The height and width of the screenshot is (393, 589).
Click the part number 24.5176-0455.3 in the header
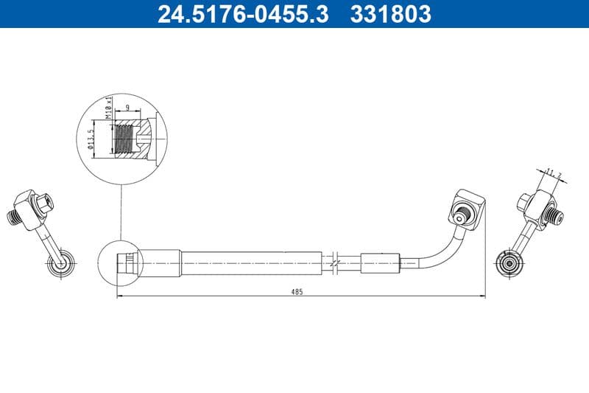point(243,14)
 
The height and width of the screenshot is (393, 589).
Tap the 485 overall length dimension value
point(297,292)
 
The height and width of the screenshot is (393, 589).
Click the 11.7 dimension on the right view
point(554,174)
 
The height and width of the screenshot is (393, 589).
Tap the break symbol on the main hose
point(335,262)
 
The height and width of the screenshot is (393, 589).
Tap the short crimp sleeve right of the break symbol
point(379,262)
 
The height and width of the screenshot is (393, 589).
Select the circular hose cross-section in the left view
point(59,262)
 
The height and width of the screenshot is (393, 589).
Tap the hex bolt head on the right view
point(523,201)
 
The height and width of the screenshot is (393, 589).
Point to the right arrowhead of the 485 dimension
point(483,296)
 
